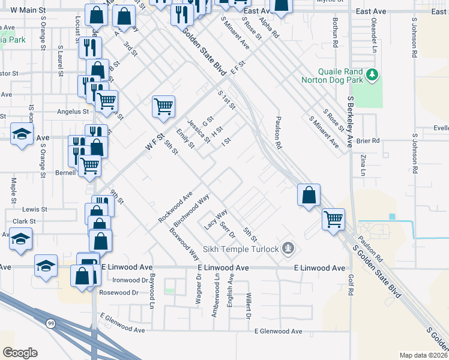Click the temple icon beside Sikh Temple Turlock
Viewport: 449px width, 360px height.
(289, 248)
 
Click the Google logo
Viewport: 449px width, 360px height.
(20, 353)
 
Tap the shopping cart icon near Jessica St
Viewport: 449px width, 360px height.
(163, 107)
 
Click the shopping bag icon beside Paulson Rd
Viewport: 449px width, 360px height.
(309, 195)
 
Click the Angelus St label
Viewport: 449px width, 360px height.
(73, 111)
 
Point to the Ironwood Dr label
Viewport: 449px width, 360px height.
(130, 280)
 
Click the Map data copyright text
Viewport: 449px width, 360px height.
(424, 355)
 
